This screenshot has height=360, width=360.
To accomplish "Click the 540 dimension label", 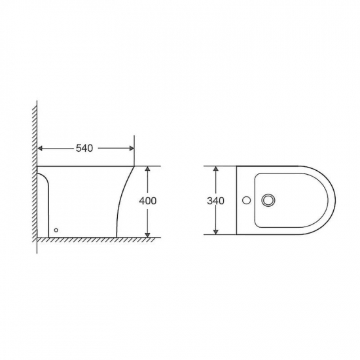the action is [x=84, y=149].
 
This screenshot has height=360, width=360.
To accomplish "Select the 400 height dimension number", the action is [x=148, y=201].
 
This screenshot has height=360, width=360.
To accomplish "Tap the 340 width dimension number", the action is [x=215, y=201].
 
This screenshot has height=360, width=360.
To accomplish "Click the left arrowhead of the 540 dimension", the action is [x=40, y=149].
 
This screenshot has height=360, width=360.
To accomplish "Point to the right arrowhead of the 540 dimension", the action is [x=132, y=149].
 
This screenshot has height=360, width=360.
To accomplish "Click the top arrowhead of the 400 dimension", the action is [x=148, y=168].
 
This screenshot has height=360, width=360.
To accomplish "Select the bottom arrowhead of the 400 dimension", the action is [x=148, y=235].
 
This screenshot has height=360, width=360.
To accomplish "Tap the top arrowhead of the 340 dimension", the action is [x=215, y=168].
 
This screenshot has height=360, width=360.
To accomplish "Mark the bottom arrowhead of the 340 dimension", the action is [x=215, y=232].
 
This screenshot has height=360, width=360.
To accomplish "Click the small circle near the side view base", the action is [x=56, y=230].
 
